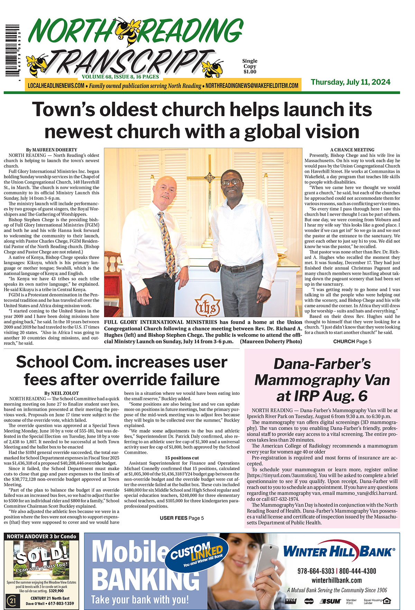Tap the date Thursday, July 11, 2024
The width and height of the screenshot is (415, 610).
click(351, 82)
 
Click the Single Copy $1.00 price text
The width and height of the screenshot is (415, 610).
click(249, 66)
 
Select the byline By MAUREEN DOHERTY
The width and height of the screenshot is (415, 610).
click(52, 150)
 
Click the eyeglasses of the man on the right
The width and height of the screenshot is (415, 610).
click(231, 181)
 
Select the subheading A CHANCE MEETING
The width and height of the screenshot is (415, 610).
click(352, 150)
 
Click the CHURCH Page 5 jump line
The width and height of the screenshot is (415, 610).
click(352, 341)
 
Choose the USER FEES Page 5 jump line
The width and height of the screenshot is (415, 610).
click(182, 518)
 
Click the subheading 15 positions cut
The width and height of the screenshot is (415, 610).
click(182, 458)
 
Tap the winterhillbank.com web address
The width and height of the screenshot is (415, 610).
click(336, 580)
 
